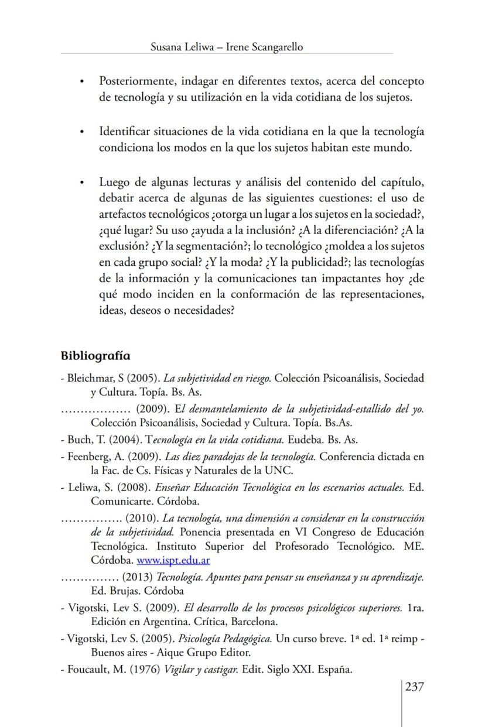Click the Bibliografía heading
[x=95, y=356]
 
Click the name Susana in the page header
[x=167, y=47]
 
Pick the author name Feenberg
[x=88, y=457]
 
